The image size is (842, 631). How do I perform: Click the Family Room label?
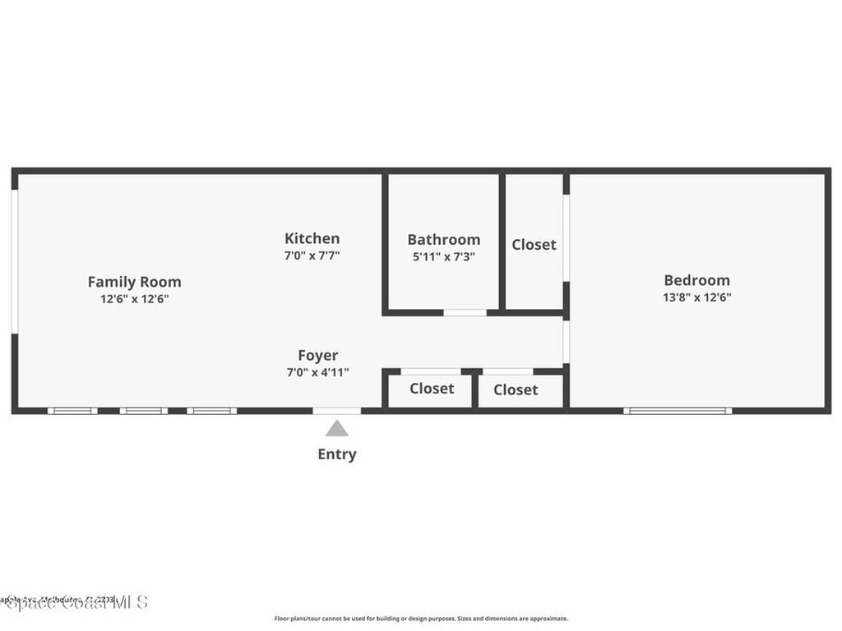coord(134,282)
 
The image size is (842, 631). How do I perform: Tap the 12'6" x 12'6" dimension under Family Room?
coord(134,299)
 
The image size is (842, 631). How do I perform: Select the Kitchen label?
coord(312,238)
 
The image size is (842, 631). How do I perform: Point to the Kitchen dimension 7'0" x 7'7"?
coord(312,256)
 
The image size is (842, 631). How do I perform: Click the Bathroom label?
coord(443,239)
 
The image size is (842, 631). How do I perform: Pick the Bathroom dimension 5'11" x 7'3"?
coord(443,256)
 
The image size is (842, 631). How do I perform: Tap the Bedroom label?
coord(696,280)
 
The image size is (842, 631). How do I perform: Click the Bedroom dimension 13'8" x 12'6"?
coord(696,297)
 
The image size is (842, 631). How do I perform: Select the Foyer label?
coord(317,356)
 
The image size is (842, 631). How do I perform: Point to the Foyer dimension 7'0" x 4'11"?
coord(317,373)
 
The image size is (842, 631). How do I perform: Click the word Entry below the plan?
coord(337,454)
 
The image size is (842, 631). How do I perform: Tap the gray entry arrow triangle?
coord(336,429)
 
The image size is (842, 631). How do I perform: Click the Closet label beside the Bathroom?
coord(534,245)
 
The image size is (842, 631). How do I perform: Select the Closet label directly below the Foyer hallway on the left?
coord(432,389)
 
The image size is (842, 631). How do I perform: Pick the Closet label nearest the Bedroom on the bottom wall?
coord(516,390)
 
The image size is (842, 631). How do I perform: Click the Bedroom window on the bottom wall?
coord(678,410)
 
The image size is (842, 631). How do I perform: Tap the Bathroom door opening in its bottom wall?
coord(465,312)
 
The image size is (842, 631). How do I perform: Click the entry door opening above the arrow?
coord(336,410)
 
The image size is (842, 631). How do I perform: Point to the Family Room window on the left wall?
coord(15,262)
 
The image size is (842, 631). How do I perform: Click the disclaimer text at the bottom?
coord(420,619)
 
